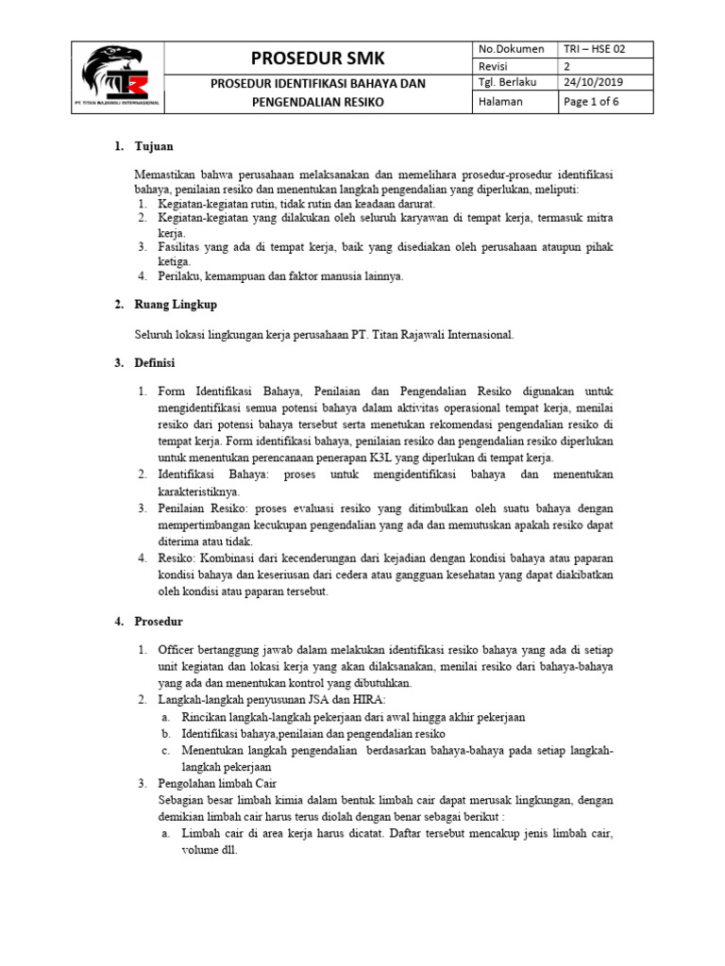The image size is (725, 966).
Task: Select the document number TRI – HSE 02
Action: click(594, 48)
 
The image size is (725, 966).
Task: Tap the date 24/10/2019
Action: click(593, 82)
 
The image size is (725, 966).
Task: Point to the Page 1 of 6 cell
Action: click(591, 103)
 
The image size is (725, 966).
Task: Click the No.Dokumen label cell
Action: click(512, 48)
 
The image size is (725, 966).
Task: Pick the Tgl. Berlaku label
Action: click(508, 82)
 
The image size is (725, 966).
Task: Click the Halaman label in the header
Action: click(500, 103)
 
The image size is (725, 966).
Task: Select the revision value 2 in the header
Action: click(567, 65)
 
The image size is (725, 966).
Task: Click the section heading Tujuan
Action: click(154, 147)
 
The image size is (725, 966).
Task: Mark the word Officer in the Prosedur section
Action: click(177, 650)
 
